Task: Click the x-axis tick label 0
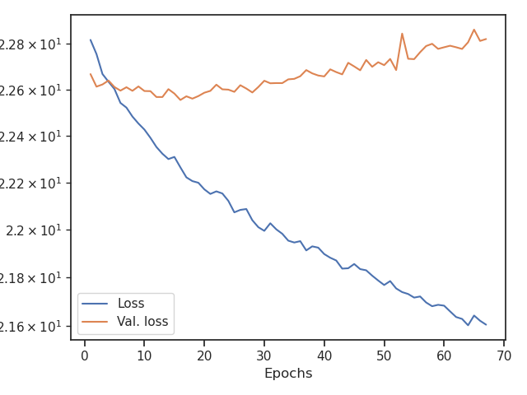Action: coord(84,355)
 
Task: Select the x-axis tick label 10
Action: coord(144,355)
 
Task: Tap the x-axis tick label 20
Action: coord(204,355)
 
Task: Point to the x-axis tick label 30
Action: coord(264,355)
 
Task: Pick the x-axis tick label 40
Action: coord(324,355)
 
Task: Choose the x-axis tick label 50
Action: coord(385,355)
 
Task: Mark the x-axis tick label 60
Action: coord(444,355)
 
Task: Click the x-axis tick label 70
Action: coord(504,355)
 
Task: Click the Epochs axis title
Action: coord(288,374)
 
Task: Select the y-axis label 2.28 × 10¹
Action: coord(33,43)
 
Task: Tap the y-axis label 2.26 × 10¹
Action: coord(33,89)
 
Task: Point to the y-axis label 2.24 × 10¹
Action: coord(33,136)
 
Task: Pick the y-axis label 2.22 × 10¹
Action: coord(33,183)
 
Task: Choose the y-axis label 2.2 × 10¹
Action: coord(38,230)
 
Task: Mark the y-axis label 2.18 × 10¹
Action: coord(33,277)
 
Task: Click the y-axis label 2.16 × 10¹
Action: coord(33,326)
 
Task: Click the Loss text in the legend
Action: coord(131,304)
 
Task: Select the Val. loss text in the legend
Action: coord(142,322)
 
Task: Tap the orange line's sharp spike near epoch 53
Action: coord(402,34)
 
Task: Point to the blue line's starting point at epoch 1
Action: coord(91,39)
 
